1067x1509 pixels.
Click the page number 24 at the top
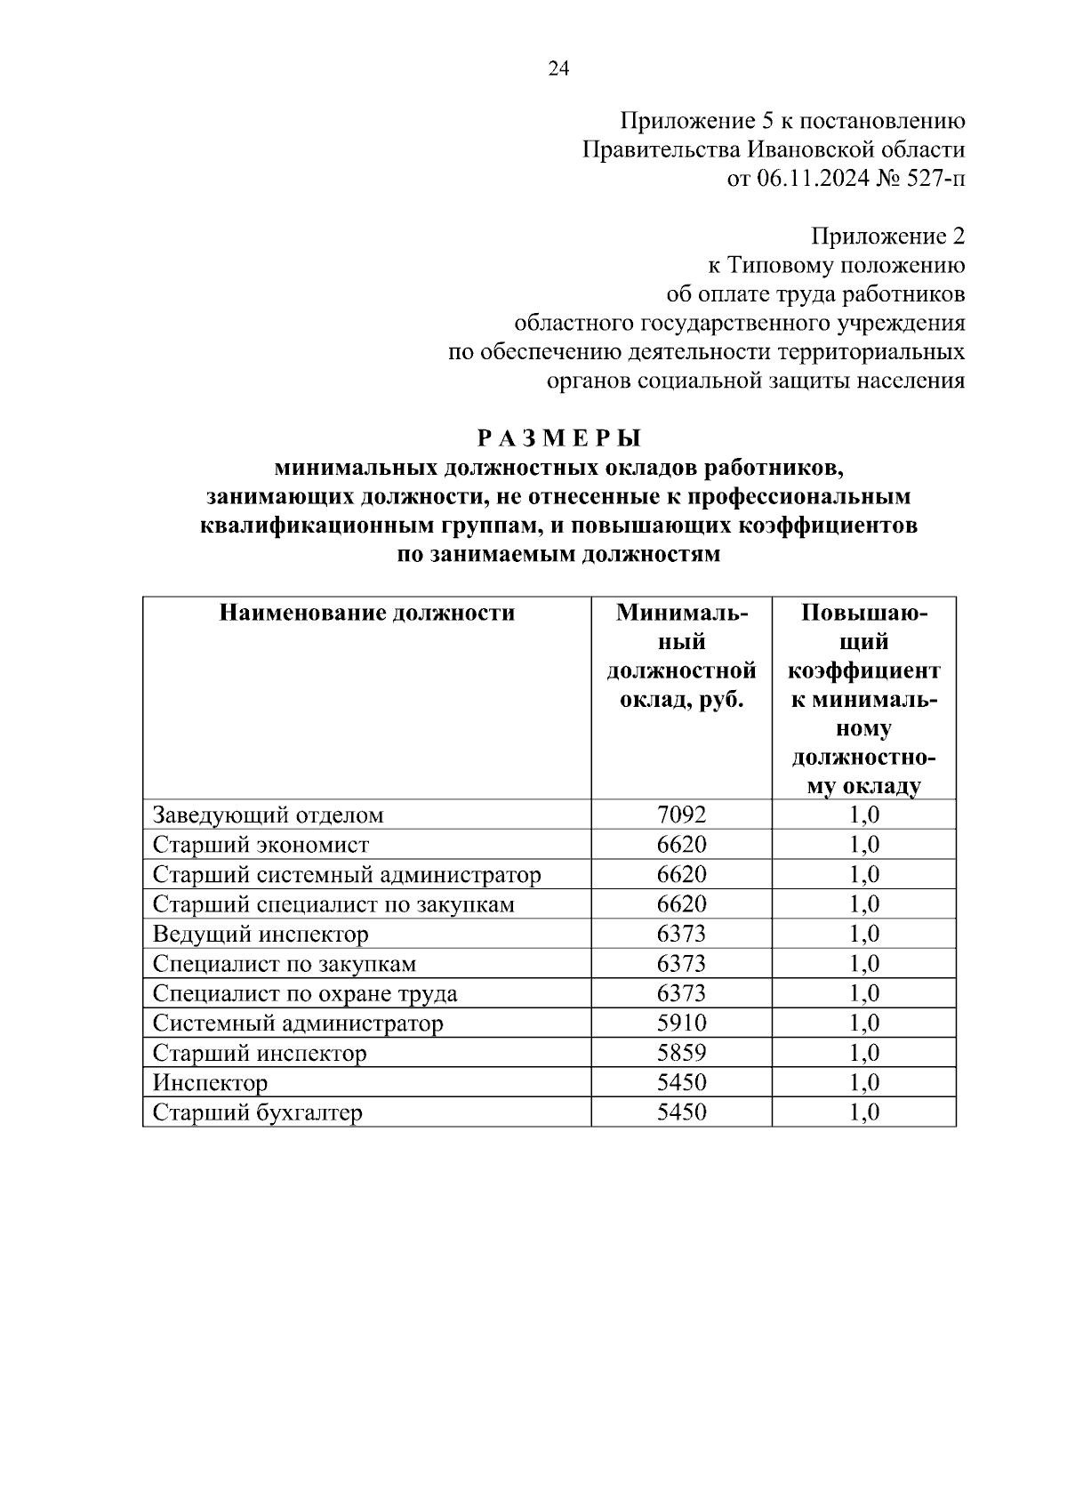[558, 69]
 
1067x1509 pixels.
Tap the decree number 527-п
[935, 179]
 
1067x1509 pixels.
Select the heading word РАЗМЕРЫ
[558, 438]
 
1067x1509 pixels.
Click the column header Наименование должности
[366, 613]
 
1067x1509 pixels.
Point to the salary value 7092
[681, 815]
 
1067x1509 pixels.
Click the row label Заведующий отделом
[269, 815]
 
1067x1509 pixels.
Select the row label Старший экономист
[261, 845]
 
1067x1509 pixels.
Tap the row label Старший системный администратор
[347, 875]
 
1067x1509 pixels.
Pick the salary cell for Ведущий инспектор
[681, 935]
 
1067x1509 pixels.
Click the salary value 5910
[681, 1023]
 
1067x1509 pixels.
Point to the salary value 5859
[681, 1054]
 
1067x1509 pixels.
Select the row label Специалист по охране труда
[305, 994]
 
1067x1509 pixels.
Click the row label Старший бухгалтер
[258, 1113]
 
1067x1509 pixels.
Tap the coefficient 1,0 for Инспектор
[864, 1083]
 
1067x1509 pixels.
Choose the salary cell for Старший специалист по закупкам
[681, 904]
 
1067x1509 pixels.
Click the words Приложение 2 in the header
[886, 237]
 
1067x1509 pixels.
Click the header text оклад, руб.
[681, 700]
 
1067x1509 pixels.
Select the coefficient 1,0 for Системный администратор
[864, 1023]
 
